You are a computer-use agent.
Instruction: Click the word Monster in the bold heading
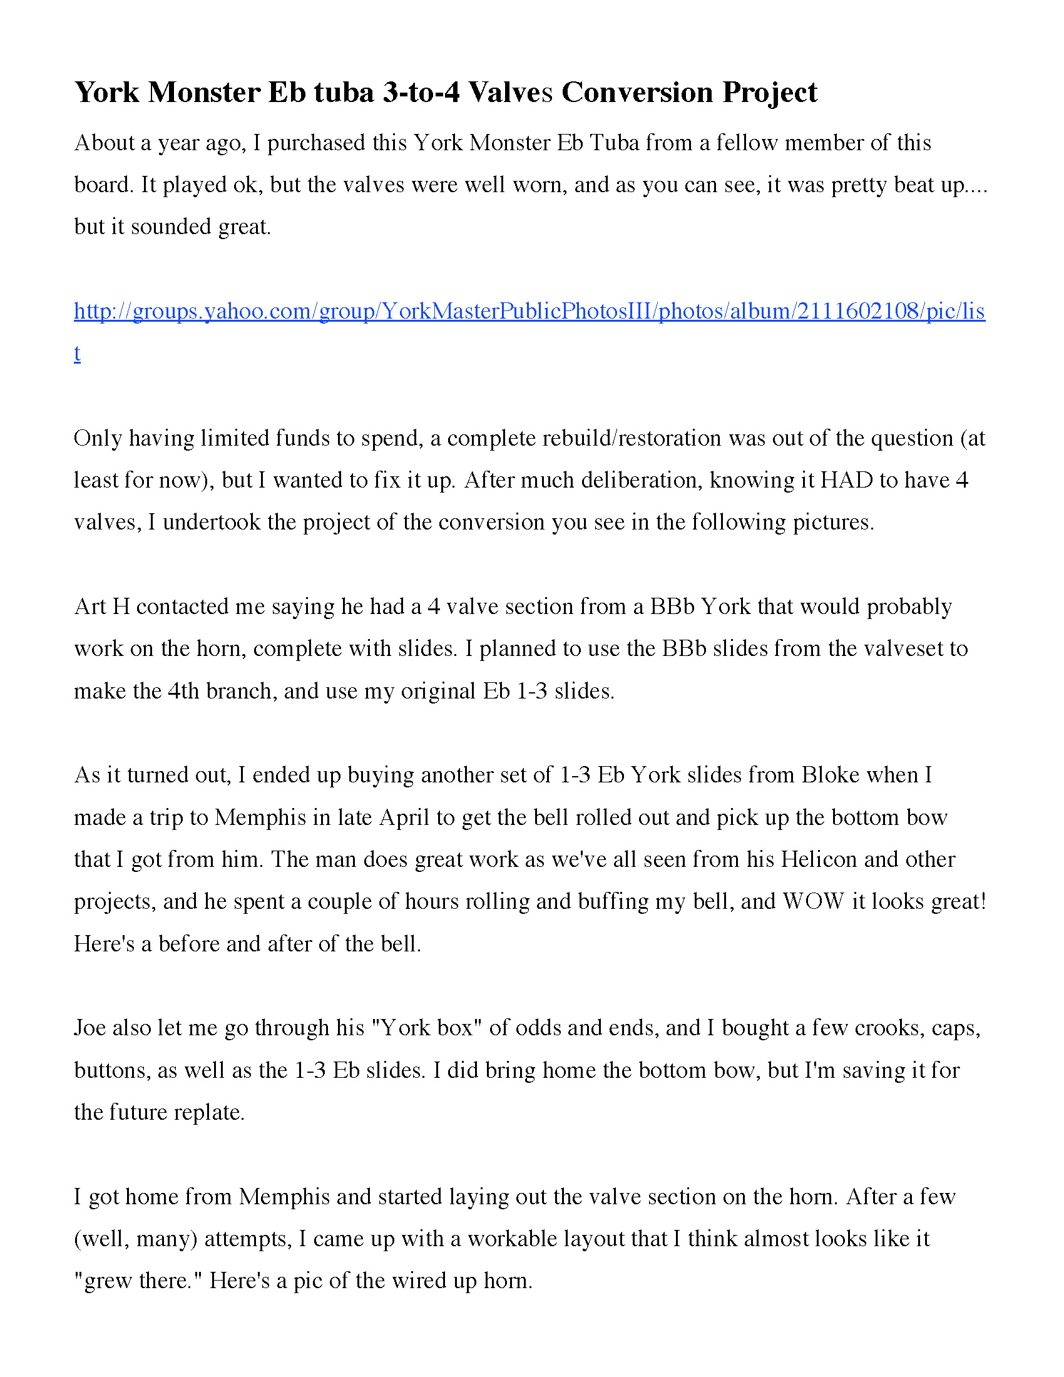(x=203, y=93)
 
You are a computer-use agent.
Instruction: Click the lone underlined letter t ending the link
(x=77, y=353)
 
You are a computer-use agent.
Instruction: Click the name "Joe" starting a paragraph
(x=90, y=1028)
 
